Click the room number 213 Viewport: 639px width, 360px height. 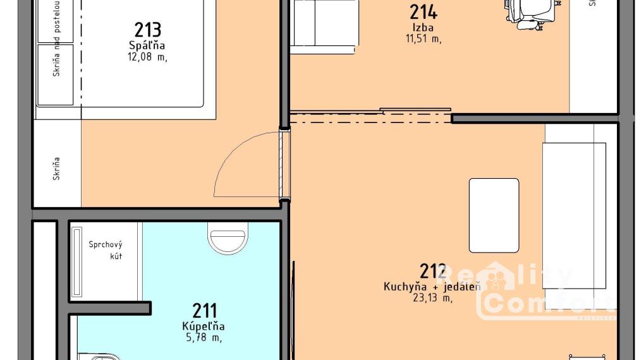(x=148, y=30)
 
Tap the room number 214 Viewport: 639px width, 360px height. (x=423, y=12)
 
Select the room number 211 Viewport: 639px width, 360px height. (x=205, y=311)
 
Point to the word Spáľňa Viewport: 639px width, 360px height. (x=147, y=45)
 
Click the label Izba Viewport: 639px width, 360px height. (x=423, y=28)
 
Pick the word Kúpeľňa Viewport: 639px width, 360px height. (x=204, y=327)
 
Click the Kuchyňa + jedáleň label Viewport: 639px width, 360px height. (x=432, y=287)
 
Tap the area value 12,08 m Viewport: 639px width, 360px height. (x=147, y=57)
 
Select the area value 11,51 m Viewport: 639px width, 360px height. (x=423, y=39)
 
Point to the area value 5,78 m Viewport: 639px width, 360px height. (x=204, y=338)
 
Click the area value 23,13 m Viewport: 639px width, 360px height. (x=432, y=298)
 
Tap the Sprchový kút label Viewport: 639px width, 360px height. (x=105, y=250)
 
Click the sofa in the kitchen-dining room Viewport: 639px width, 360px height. (x=575, y=215)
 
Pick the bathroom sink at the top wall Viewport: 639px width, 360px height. (x=227, y=241)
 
